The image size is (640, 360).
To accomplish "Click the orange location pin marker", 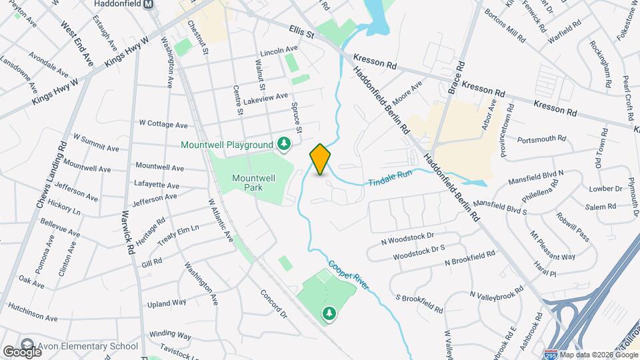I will tap(320, 159).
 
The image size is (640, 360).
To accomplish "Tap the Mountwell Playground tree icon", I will tap(285, 144).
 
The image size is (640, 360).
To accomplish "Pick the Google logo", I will tap(22, 351).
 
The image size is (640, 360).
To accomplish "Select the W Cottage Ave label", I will tap(163, 124).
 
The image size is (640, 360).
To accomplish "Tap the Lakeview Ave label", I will tap(266, 97).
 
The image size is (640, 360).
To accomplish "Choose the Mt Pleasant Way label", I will tap(551, 246).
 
